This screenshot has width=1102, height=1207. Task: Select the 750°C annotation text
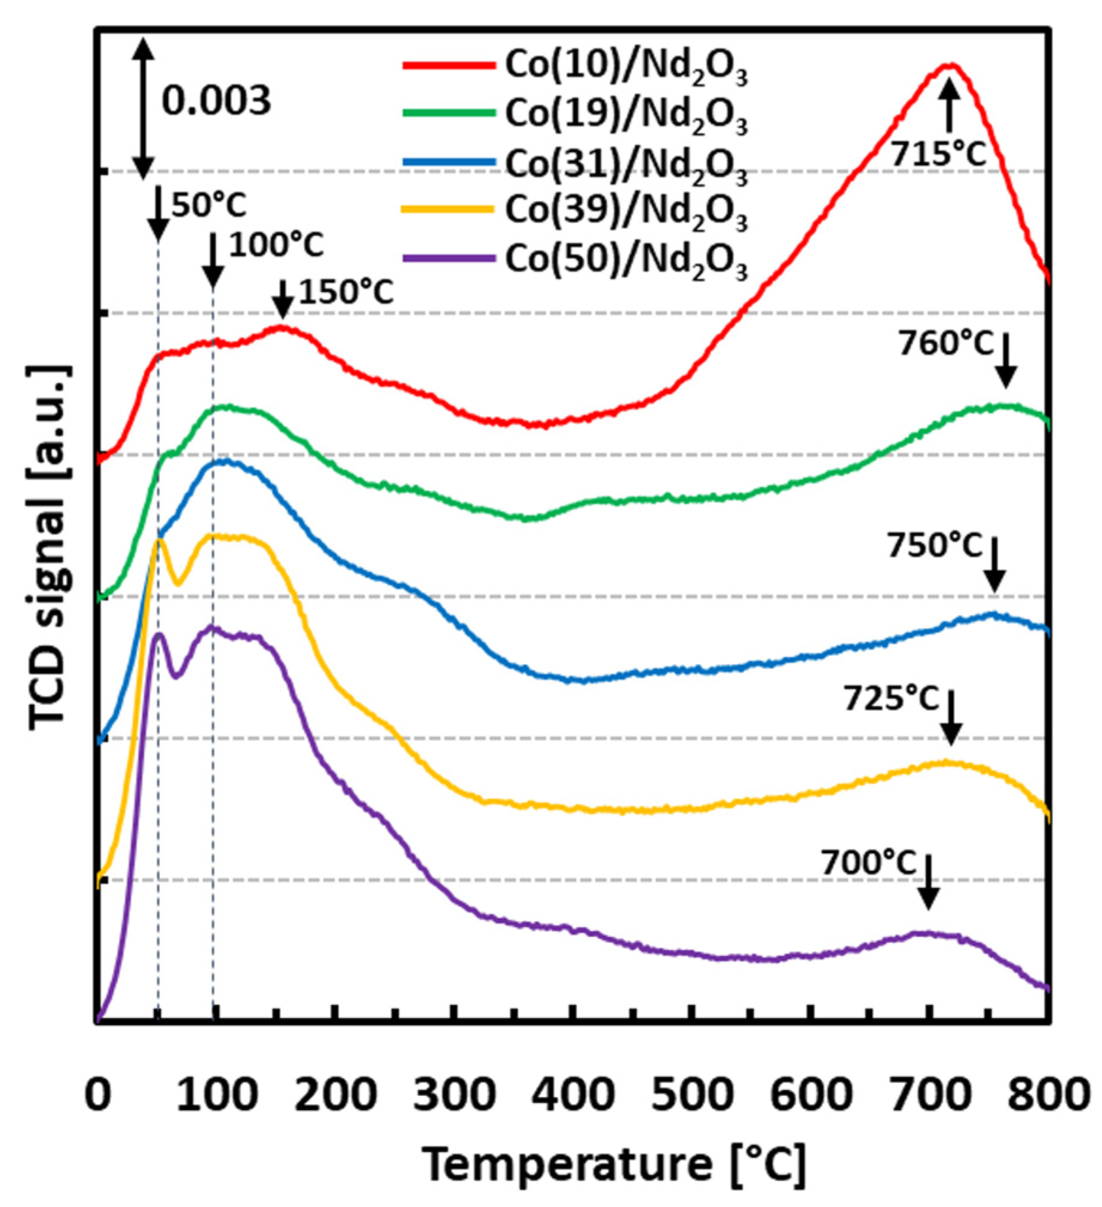tap(935, 546)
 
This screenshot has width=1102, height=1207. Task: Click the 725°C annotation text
tap(891, 699)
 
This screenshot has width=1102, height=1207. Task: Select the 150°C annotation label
tap(346, 294)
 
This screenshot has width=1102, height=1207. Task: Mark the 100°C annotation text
tap(276, 246)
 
